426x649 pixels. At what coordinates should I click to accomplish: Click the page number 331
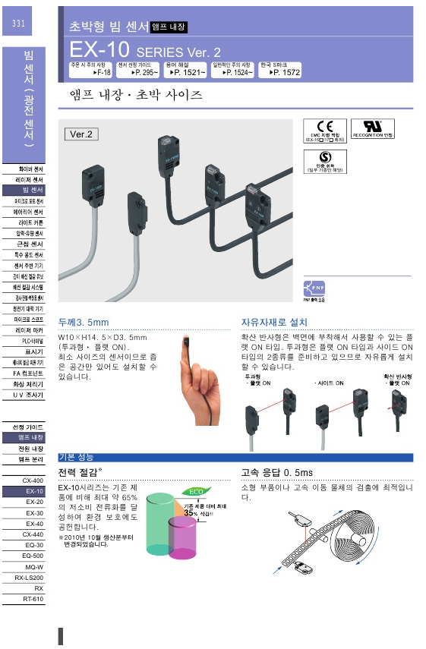point(18,24)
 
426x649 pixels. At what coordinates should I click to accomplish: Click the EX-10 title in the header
point(101,50)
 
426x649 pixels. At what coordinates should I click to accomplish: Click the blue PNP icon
point(313,288)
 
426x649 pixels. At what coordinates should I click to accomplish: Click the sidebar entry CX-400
point(33,481)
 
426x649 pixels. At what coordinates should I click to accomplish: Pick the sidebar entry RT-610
point(33,599)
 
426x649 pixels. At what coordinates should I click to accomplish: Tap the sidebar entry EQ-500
point(33,556)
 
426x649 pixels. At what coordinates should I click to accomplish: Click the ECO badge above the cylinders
point(196,492)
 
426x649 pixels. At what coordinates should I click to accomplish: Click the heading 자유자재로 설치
point(274,322)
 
